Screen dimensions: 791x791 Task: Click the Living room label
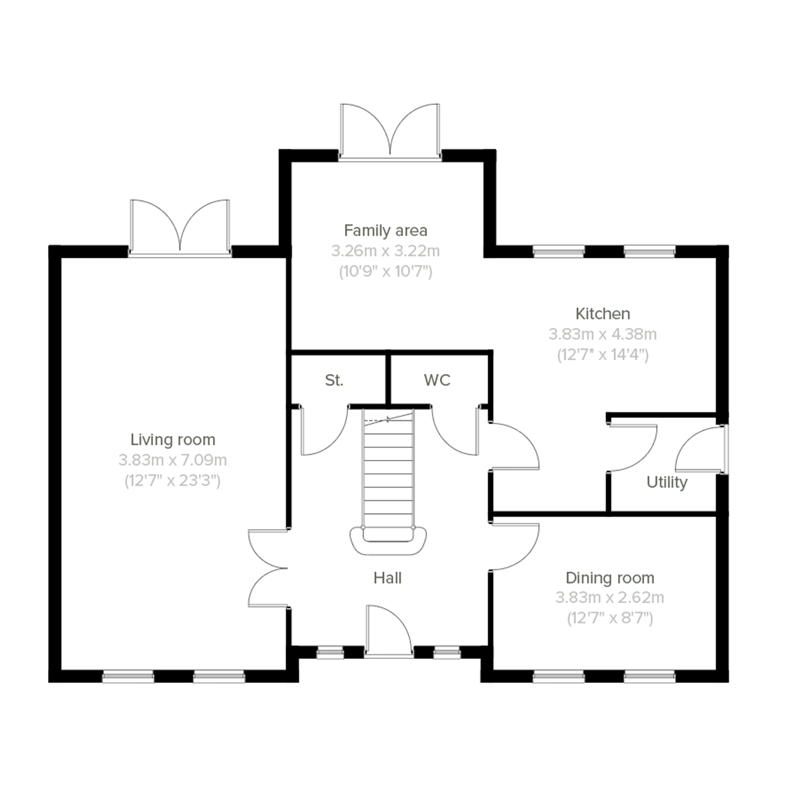click(x=173, y=440)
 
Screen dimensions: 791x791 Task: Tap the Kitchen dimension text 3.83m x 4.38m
click(x=602, y=334)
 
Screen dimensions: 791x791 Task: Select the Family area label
click(x=386, y=230)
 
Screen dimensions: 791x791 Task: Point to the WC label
click(x=437, y=380)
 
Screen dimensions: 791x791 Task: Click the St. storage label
click(x=334, y=380)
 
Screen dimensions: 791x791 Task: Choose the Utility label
click(x=666, y=482)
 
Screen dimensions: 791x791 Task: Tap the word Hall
click(x=387, y=578)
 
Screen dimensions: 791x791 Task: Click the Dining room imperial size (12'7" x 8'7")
click(x=610, y=618)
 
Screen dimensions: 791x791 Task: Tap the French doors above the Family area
click(x=390, y=131)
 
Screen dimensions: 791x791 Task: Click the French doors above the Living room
click(x=180, y=227)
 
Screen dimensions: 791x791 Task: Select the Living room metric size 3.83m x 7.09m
click(x=173, y=460)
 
